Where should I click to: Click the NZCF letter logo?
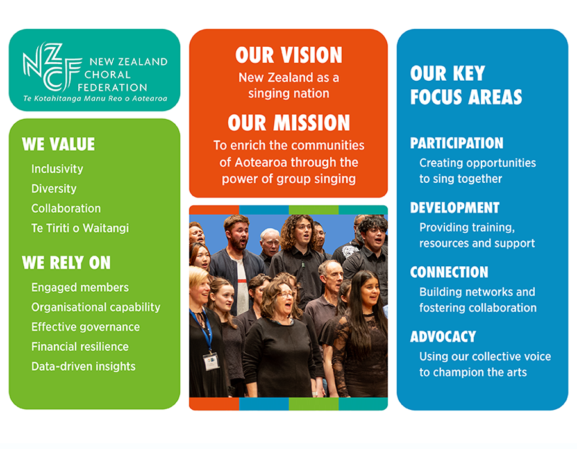pos(51,66)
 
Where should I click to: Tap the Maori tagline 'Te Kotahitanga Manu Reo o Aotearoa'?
pos(96,99)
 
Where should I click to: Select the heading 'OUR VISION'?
pos(288,55)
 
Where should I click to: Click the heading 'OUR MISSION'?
pos(288,123)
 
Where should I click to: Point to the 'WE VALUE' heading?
pos(58,144)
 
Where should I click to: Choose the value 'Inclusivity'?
pos(57,169)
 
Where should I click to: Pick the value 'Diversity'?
pos(54,189)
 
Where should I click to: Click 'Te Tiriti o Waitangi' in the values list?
pos(80,228)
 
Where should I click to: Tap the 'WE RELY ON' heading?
pos(66,263)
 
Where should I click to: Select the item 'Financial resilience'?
pos(80,346)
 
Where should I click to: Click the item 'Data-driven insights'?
pos(83,366)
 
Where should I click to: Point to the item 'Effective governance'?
pos(85,327)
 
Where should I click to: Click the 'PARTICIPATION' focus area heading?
pos(456,143)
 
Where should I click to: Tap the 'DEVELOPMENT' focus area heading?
pos(455,208)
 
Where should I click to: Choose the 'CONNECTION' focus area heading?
pos(449,273)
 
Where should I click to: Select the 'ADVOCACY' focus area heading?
pos(443,337)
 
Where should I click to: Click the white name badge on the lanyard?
pos(211,361)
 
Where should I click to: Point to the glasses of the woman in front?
pos(286,295)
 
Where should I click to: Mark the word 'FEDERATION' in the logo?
pos(112,88)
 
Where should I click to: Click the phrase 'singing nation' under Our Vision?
pos(288,94)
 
